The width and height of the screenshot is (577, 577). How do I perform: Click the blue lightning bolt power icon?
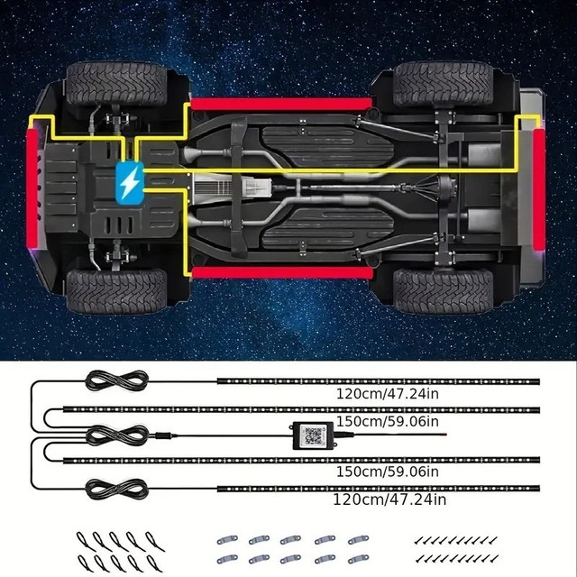[130, 183]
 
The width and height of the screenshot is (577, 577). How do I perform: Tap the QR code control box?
[313, 435]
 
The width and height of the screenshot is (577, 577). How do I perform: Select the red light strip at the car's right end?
[539, 188]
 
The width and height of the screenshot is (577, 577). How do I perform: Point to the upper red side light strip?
[281, 105]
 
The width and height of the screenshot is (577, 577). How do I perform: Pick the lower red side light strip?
[282, 273]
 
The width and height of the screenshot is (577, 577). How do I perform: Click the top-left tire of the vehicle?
[116, 84]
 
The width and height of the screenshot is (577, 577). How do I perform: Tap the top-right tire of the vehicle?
[443, 84]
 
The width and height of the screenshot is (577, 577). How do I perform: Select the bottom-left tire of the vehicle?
[116, 291]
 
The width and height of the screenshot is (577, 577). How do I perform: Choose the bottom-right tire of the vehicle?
[443, 291]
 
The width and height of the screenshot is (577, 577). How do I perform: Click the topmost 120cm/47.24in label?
[388, 394]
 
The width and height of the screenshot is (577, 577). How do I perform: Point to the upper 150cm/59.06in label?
[388, 421]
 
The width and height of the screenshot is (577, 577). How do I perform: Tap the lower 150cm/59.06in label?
[388, 472]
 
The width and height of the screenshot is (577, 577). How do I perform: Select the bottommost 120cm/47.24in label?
[389, 499]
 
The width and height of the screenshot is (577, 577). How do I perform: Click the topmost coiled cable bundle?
[116, 380]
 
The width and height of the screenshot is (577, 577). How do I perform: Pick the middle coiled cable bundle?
[117, 435]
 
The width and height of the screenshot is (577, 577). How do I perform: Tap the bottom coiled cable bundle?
[116, 490]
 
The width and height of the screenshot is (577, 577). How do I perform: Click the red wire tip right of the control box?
[444, 435]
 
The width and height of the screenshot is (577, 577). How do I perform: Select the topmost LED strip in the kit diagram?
[379, 381]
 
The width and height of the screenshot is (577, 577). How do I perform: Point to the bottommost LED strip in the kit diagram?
[379, 489]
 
